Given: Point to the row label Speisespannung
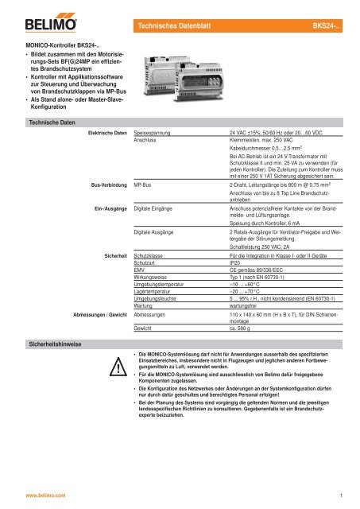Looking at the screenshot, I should point(155,130).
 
